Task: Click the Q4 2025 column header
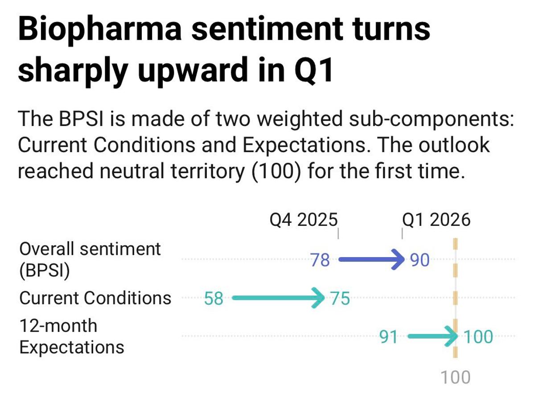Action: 304,220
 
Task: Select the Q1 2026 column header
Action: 436,220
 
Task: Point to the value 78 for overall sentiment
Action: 320,259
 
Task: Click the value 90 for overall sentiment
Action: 420,259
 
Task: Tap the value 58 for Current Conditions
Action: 213,298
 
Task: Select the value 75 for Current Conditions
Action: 340,298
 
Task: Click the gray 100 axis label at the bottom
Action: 455,378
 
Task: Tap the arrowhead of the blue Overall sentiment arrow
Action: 398,259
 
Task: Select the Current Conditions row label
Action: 95,298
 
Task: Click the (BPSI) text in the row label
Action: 45,271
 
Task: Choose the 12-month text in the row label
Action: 58,326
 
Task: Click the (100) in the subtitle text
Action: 272,171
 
